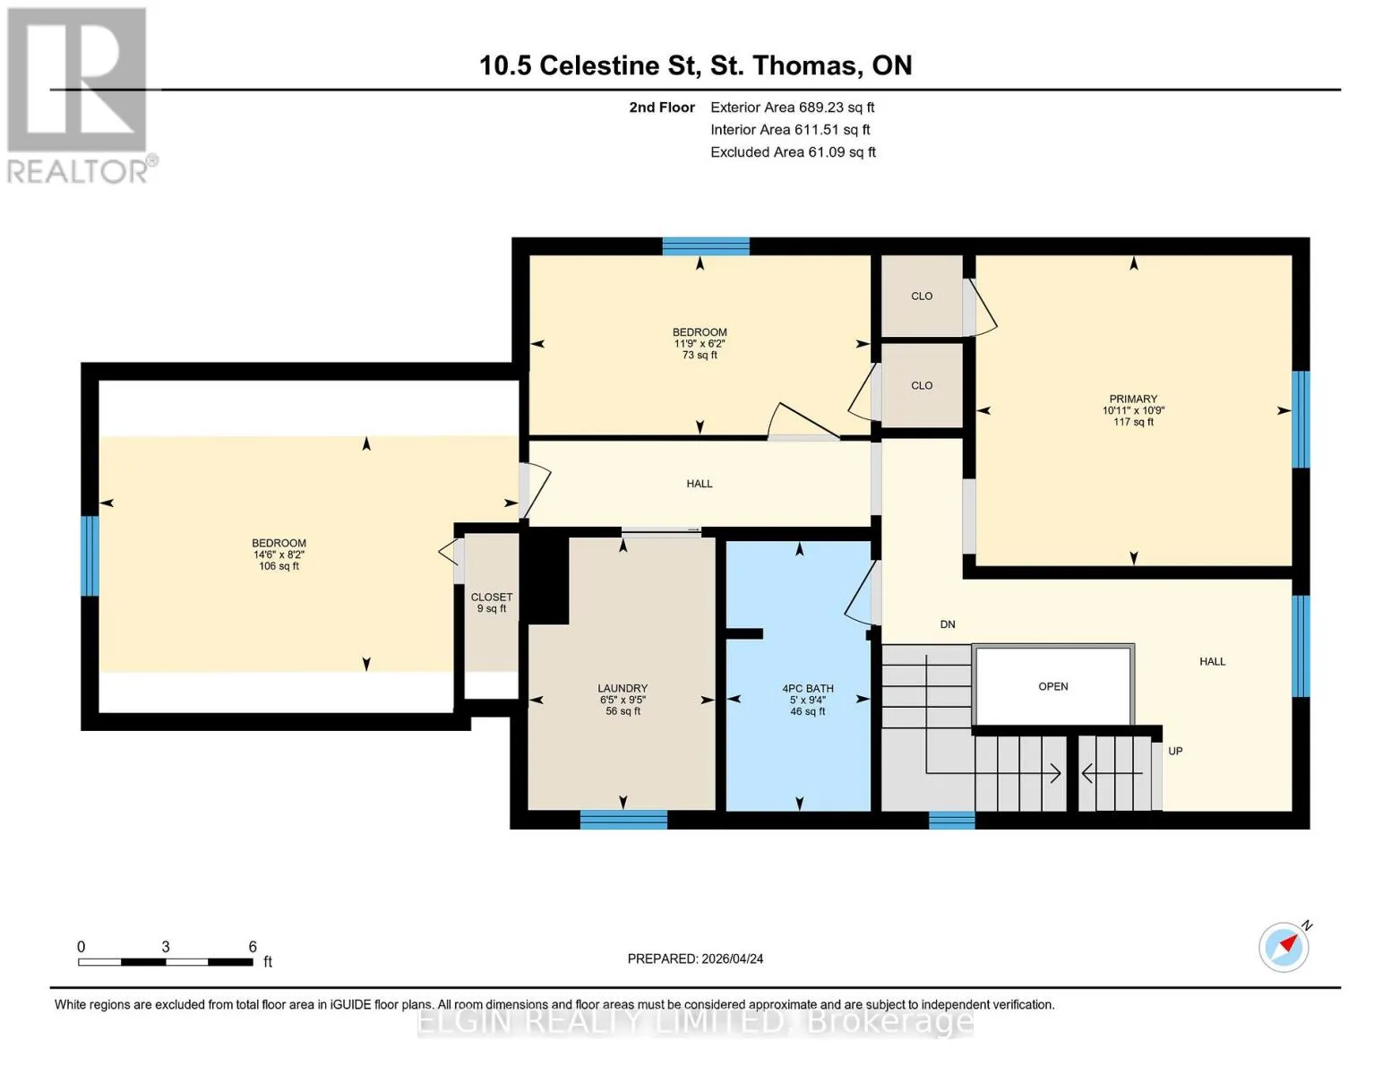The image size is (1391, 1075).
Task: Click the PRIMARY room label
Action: pos(1133,399)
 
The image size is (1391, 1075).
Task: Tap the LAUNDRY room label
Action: pos(623,688)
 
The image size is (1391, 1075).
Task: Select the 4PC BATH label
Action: pos(807,688)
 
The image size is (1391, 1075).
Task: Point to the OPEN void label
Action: pos(1053,686)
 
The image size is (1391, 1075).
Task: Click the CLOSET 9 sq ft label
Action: pos(492,603)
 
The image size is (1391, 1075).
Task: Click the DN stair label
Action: pos(948,624)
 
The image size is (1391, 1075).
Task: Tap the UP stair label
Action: pos(1175,751)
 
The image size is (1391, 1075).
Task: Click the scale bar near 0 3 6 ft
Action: pos(166,961)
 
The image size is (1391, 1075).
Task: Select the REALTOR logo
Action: pos(80,96)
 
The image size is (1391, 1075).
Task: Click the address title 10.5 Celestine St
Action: pos(589,65)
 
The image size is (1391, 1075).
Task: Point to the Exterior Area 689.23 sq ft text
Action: pos(793,107)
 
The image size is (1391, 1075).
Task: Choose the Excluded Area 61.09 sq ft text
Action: pos(793,152)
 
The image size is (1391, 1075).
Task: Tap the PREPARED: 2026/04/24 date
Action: pos(695,959)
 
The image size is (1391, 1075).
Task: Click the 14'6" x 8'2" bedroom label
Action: pos(279,555)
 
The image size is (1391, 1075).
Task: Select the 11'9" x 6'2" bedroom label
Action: pos(700,343)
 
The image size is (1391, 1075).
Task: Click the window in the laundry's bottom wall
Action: pos(623,820)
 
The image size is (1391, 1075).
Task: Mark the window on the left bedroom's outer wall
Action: pos(90,555)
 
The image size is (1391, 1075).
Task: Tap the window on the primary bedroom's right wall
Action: pos(1301,419)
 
